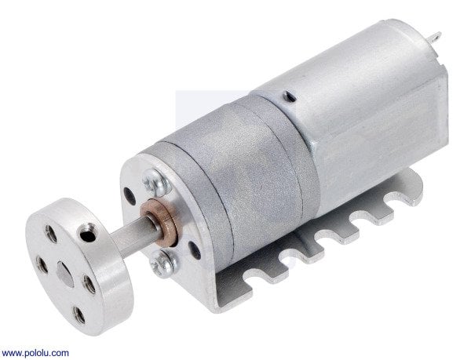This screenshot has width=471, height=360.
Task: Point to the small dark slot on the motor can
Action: click(x=289, y=96)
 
